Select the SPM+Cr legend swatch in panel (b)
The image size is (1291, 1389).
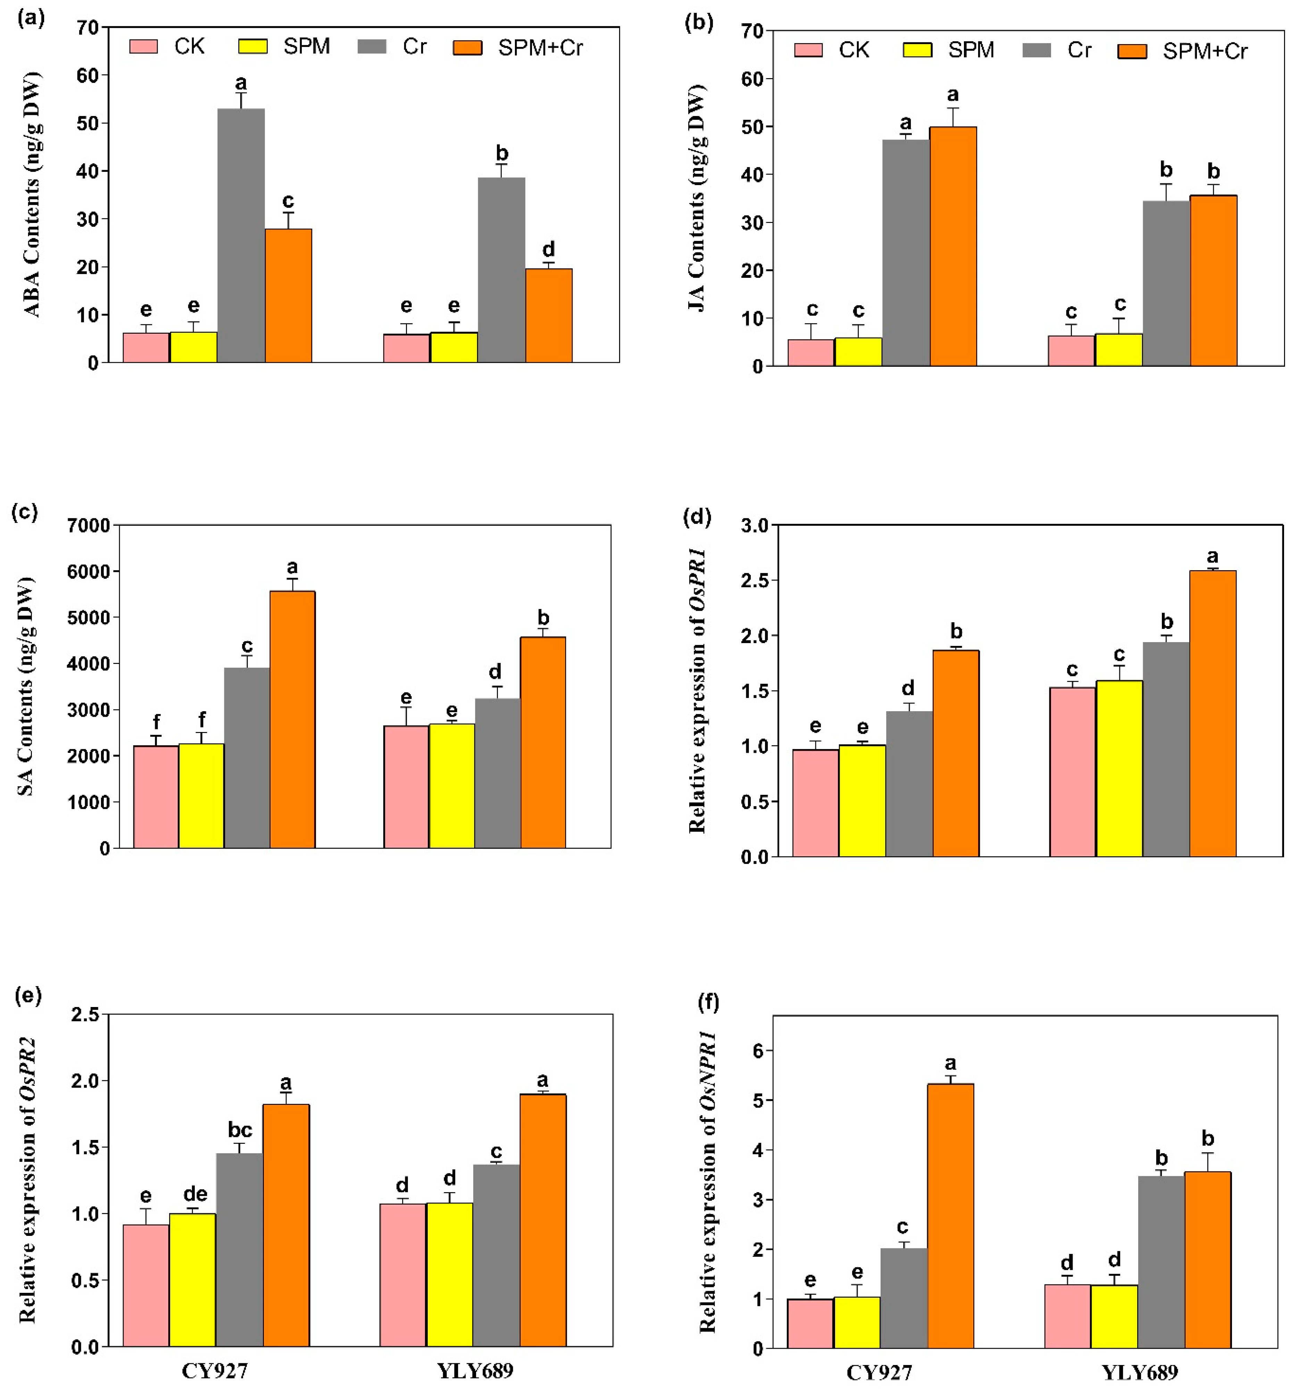click(1132, 51)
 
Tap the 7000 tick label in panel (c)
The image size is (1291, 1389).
click(89, 525)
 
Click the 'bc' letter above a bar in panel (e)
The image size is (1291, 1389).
click(240, 1130)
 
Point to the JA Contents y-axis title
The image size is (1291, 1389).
click(697, 198)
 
